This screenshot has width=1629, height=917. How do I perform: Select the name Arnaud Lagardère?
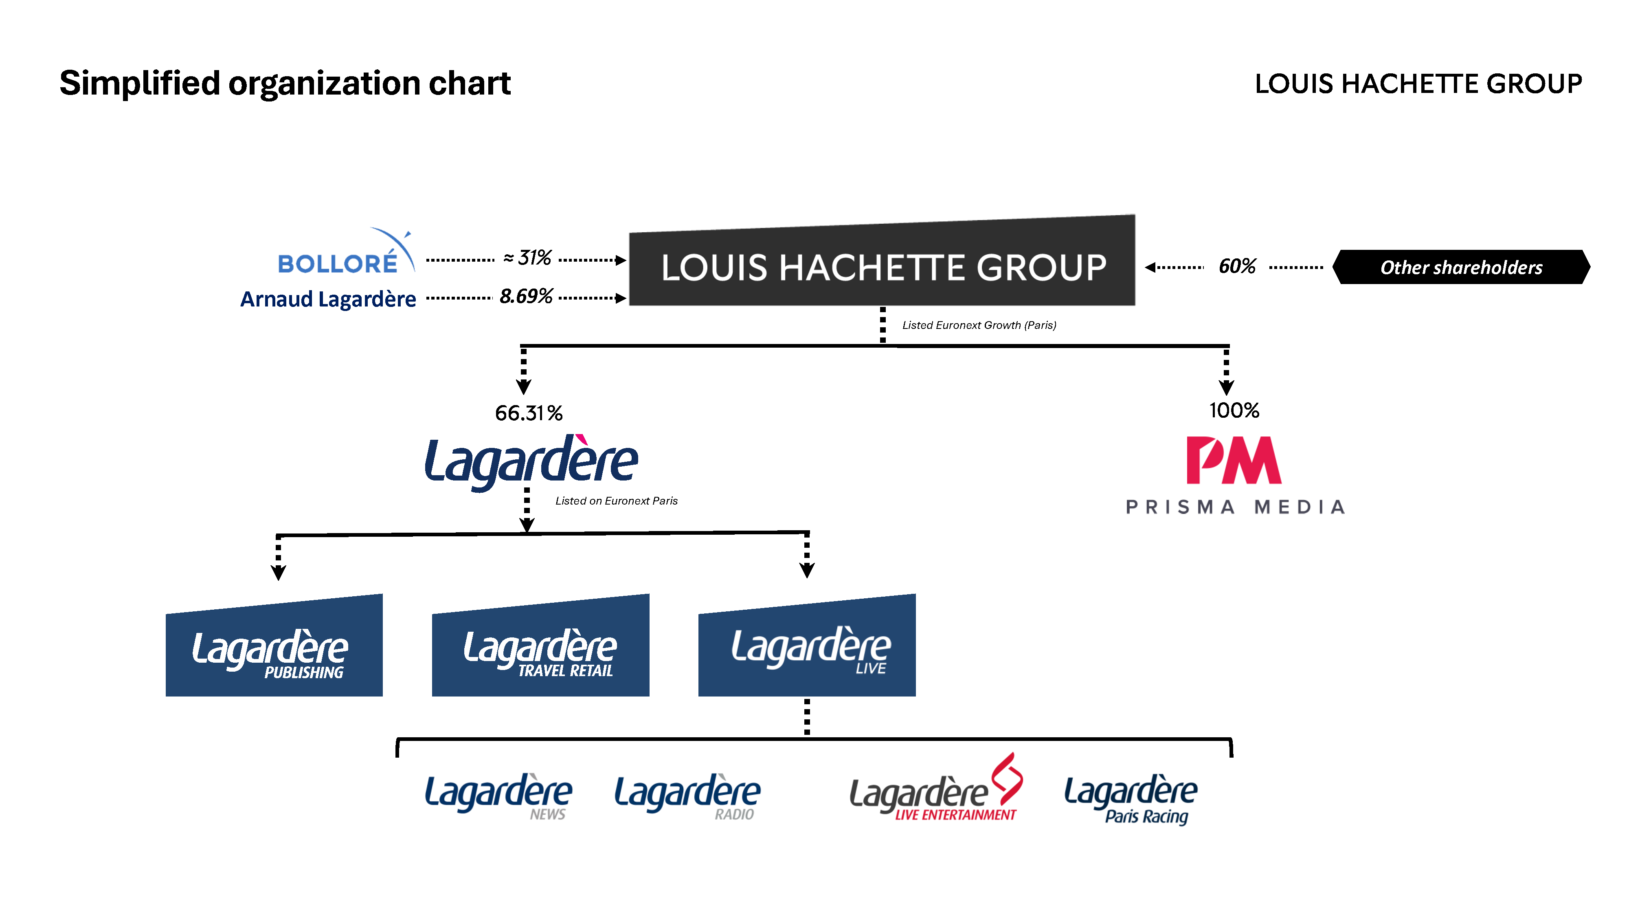click(328, 299)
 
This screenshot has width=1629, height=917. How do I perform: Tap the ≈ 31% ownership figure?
click(527, 258)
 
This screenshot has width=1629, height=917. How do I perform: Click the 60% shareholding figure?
click(1237, 267)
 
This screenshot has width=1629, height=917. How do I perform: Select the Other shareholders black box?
click(1461, 267)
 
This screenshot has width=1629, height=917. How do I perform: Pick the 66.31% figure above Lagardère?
click(529, 413)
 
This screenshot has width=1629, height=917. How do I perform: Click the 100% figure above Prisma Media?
click(1234, 411)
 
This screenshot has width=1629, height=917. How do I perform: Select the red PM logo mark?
click(1233, 460)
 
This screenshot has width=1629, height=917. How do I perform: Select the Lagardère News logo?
click(498, 796)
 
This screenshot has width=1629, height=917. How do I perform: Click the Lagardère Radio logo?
click(687, 796)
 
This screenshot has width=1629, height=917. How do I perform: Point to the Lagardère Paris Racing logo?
click(1131, 799)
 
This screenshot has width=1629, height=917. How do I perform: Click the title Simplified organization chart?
click(285, 84)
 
